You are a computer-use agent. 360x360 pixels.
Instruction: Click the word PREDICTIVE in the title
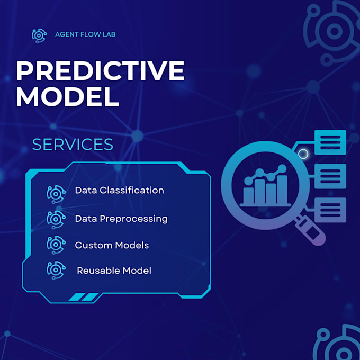100,70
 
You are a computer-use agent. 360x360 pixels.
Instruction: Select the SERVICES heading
73,145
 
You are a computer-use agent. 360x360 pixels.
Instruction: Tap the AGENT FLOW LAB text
85,34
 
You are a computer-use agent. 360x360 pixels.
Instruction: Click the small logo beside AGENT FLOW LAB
40,35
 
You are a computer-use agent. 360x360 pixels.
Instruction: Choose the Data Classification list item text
119,190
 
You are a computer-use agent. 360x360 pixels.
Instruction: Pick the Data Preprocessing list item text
121,218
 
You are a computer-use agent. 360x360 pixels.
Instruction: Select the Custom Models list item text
112,245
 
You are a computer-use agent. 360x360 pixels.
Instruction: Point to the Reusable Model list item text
114,271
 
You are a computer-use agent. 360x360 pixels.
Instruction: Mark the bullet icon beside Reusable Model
56,270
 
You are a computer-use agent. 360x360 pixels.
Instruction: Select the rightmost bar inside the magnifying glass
282,189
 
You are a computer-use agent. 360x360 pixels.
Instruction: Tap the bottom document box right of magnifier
330,210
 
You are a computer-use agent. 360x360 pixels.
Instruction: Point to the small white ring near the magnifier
303,154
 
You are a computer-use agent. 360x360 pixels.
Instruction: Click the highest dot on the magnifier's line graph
283,168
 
